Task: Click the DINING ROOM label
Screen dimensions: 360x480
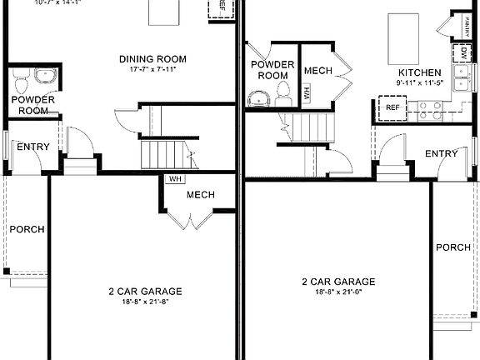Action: pos(152,58)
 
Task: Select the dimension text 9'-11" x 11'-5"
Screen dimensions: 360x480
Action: pos(422,82)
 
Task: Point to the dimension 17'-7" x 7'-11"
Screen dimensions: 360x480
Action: pos(152,68)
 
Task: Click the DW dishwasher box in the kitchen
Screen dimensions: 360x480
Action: pos(463,53)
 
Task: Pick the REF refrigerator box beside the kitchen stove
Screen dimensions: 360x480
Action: pos(391,107)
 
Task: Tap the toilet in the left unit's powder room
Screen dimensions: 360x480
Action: pos(22,81)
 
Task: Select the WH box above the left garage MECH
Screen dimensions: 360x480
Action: pos(174,178)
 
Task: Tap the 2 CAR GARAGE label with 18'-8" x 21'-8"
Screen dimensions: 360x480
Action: pos(145,291)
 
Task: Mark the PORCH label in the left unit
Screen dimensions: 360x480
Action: pos(27,229)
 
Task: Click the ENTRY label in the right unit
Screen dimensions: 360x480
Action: pos(441,153)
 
